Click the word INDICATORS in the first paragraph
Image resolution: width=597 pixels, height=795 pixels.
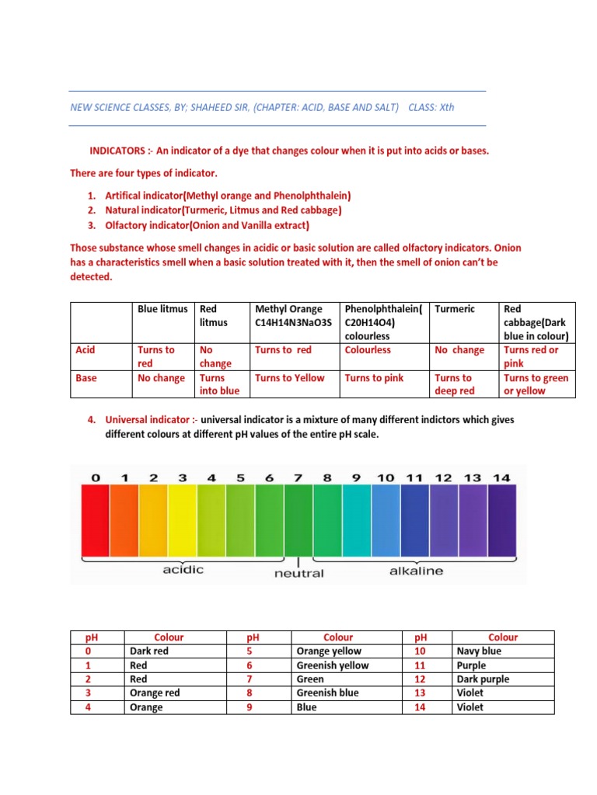click(114, 151)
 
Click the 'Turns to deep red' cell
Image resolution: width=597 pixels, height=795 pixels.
click(456, 384)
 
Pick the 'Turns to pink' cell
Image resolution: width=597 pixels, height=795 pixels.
click(374, 378)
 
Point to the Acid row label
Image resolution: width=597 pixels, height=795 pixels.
click(86, 350)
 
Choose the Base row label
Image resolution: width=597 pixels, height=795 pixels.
click(86, 378)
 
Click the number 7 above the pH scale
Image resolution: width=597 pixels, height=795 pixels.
click(298, 477)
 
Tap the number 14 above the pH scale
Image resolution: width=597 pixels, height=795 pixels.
click(501, 477)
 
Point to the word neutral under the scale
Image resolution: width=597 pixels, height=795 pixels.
click(299, 574)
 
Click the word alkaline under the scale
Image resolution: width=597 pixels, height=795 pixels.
click(416, 571)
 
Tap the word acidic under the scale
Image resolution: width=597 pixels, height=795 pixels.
click(183, 570)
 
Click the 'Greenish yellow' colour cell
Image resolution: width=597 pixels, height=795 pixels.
click(333, 665)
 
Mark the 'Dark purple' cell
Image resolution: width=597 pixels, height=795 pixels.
click(484, 679)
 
